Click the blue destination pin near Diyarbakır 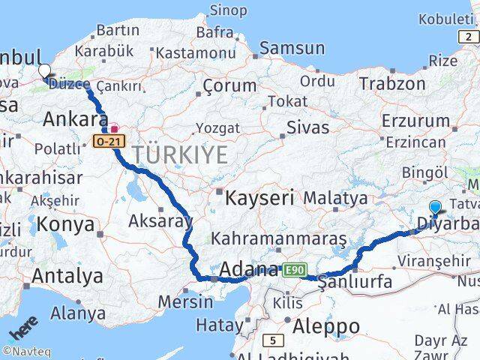pos(435,208)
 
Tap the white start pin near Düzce pos(44,72)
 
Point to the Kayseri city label pos(260,198)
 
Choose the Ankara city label pos(75,118)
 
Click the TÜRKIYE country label pos(180,156)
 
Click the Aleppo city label pos(327,326)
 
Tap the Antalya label pos(67,276)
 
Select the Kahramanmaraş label pos(279,238)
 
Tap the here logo pos(22,329)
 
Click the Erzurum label pos(415,120)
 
